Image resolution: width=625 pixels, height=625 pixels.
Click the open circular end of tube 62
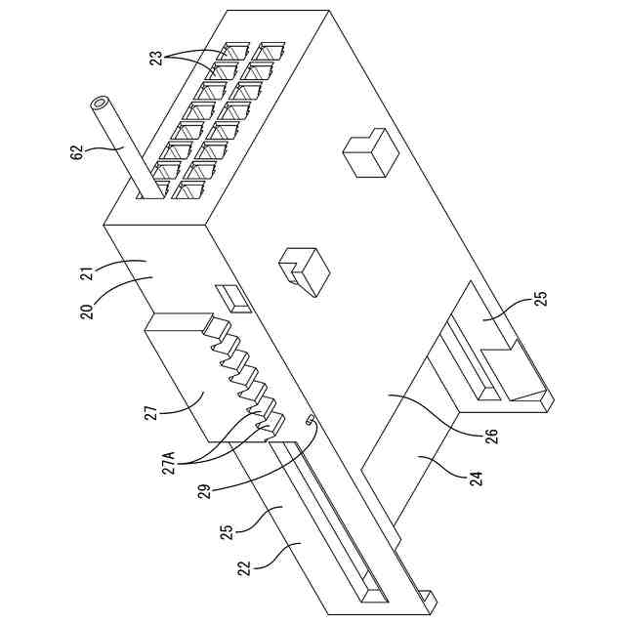(100, 103)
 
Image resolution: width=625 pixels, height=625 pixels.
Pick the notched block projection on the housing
(304, 270)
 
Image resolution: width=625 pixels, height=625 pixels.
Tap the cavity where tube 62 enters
(150, 191)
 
